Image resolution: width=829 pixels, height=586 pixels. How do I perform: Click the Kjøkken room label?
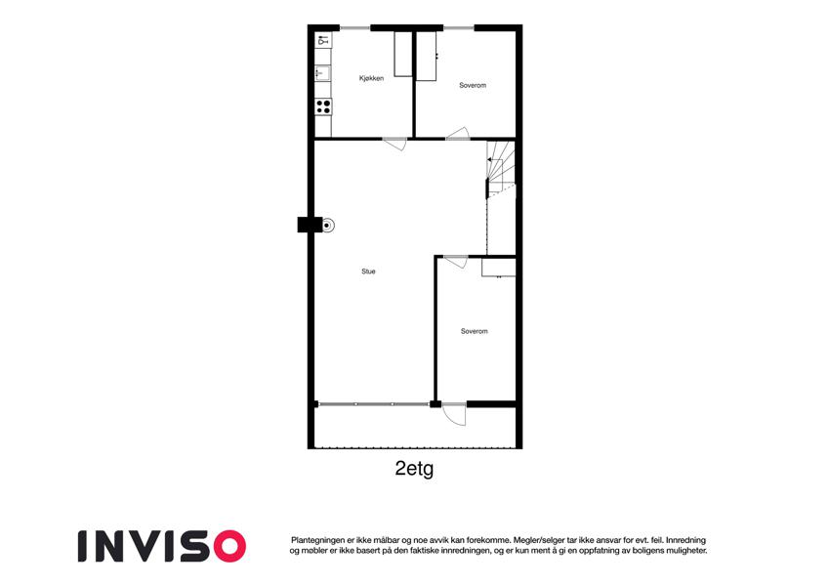tap(371, 78)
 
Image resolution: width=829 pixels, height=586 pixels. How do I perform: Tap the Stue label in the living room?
tap(368, 272)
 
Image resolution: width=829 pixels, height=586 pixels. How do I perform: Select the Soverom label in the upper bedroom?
tap(473, 85)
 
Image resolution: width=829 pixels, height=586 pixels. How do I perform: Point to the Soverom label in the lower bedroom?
tap(474, 331)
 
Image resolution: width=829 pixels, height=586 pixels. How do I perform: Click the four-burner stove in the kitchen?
tap(323, 106)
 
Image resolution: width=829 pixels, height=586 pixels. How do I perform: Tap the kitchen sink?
tap(322, 72)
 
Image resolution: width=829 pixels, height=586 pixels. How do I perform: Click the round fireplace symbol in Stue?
tap(328, 226)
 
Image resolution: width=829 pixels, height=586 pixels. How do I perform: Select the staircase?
tap(501, 168)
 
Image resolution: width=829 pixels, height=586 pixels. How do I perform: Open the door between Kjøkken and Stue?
tap(395, 144)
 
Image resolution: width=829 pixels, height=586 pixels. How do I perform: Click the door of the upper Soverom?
tap(458, 133)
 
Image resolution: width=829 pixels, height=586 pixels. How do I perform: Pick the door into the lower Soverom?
tap(456, 262)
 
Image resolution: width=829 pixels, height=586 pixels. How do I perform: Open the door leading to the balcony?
tap(454, 413)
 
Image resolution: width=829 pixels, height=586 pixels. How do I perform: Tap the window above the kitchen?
tap(354, 27)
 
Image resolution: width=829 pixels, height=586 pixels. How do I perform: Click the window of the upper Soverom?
tap(458, 27)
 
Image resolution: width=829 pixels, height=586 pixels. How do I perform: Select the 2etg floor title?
tap(414, 469)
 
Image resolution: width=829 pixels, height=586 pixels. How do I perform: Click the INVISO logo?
tap(162, 546)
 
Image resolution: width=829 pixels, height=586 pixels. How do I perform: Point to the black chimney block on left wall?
tap(310, 225)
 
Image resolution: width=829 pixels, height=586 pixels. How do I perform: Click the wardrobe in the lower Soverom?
tap(499, 267)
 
